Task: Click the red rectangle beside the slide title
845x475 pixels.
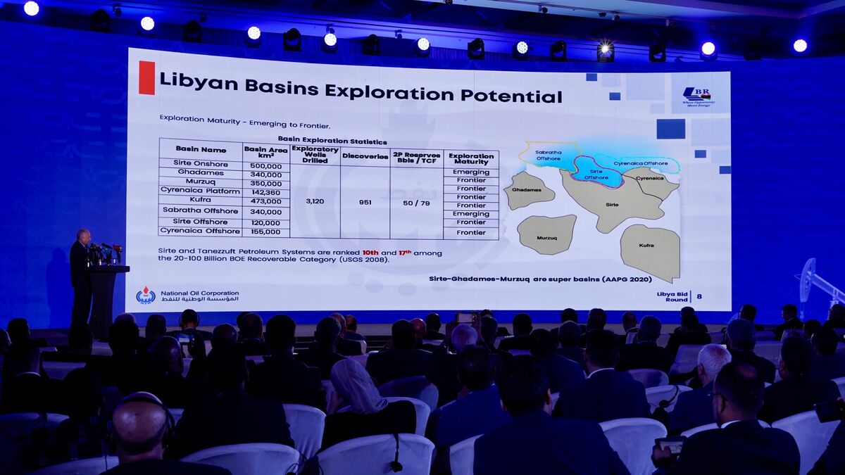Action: pos(146,77)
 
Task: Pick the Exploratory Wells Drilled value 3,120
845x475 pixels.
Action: pos(315,201)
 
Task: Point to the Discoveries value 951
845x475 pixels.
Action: pos(365,202)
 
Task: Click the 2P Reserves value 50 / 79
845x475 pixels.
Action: pos(416,202)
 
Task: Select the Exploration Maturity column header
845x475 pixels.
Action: pos(471,158)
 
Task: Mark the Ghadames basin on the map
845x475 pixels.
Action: pos(527,190)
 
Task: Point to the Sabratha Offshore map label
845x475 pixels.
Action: pos(548,155)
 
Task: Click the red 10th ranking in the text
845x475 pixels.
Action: pos(370,252)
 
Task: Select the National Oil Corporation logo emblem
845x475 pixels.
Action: pos(146,296)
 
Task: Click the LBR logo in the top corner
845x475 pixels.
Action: pos(697,96)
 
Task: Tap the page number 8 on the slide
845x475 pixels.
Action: pos(699,296)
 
